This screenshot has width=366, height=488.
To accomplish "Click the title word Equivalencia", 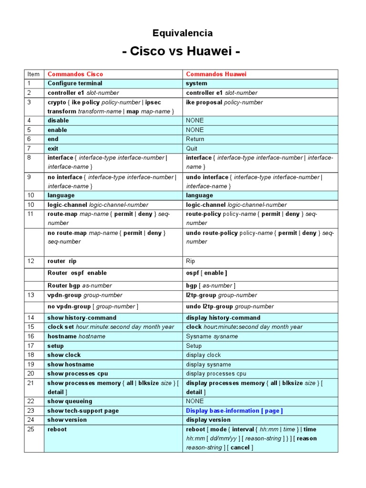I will tap(183, 33).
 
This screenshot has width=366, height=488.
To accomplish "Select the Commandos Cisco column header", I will tap(75, 74).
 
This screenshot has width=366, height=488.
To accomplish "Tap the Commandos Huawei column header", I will tap(216, 74).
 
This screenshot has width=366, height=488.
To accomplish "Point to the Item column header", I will tap(33, 74).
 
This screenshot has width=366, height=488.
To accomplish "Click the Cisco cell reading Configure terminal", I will tap(75, 83).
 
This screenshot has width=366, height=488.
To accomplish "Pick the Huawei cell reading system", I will tap(196, 83).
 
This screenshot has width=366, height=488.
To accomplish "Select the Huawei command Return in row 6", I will tap(195, 139).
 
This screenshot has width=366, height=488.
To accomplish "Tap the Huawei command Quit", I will tap(192, 149).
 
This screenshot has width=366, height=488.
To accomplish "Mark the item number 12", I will tap(31, 261).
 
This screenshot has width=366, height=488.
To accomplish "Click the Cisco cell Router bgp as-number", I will tap(80, 285).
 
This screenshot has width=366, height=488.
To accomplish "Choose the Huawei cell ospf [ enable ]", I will tap(206, 273).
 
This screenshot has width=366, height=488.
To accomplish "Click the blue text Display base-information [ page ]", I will tap(234, 411).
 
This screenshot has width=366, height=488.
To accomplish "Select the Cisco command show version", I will tap(67, 420).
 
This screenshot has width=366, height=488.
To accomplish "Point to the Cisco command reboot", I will tap(57, 429).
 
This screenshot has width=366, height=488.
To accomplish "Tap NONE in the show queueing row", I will tap(194, 401).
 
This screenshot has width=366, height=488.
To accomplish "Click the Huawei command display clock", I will tap(203, 355).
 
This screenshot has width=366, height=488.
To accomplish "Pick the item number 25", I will tap(31, 429).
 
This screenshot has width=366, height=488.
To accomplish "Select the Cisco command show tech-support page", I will tap(83, 411).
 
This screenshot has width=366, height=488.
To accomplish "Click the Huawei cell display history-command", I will tap(223, 318).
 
